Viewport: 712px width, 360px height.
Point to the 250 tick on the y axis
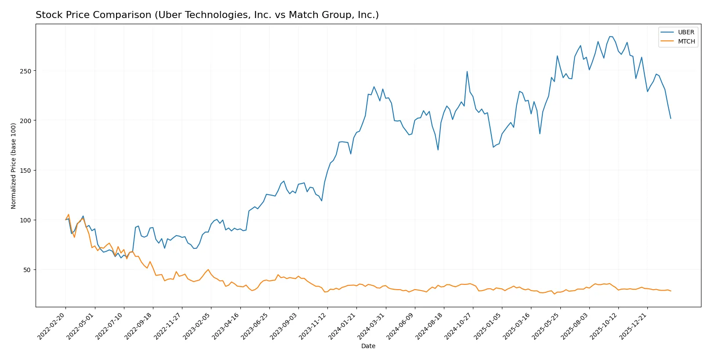(x=25, y=71)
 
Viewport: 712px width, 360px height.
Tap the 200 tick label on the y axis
(x=25, y=120)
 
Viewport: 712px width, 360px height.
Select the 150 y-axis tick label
(x=25, y=170)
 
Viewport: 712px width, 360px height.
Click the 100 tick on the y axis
(x=25, y=220)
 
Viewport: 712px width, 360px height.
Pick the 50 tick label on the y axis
(x=27, y=269)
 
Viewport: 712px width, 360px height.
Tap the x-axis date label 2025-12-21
(x=634, y=326)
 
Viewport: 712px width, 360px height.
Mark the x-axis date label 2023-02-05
(x=197, y=326)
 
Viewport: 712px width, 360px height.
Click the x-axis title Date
(x=368, y=346)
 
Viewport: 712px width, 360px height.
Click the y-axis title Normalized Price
(x=14, y=166)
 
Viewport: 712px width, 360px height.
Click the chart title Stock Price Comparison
(x=207, y=15)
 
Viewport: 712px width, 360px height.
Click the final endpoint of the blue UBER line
(x=671, y=118)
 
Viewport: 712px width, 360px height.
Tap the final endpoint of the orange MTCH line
(x=671, y=291)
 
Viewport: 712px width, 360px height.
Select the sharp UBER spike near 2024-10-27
(x=467, y=72)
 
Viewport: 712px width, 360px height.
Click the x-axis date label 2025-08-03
(x=576, y=326)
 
